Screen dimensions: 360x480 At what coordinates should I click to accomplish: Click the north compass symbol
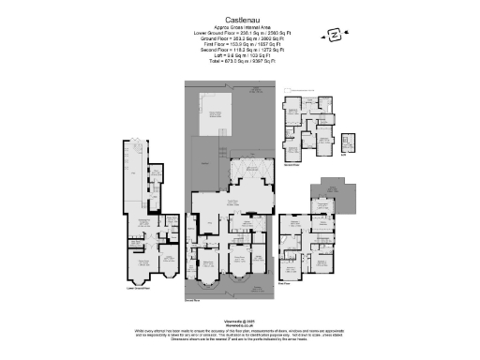coord(335,35)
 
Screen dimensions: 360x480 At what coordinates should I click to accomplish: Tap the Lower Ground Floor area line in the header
coord(240,33)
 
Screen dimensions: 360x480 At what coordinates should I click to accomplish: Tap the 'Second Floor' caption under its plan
coord(301,160)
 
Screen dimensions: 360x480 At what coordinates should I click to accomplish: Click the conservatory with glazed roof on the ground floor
coord(251,173)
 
